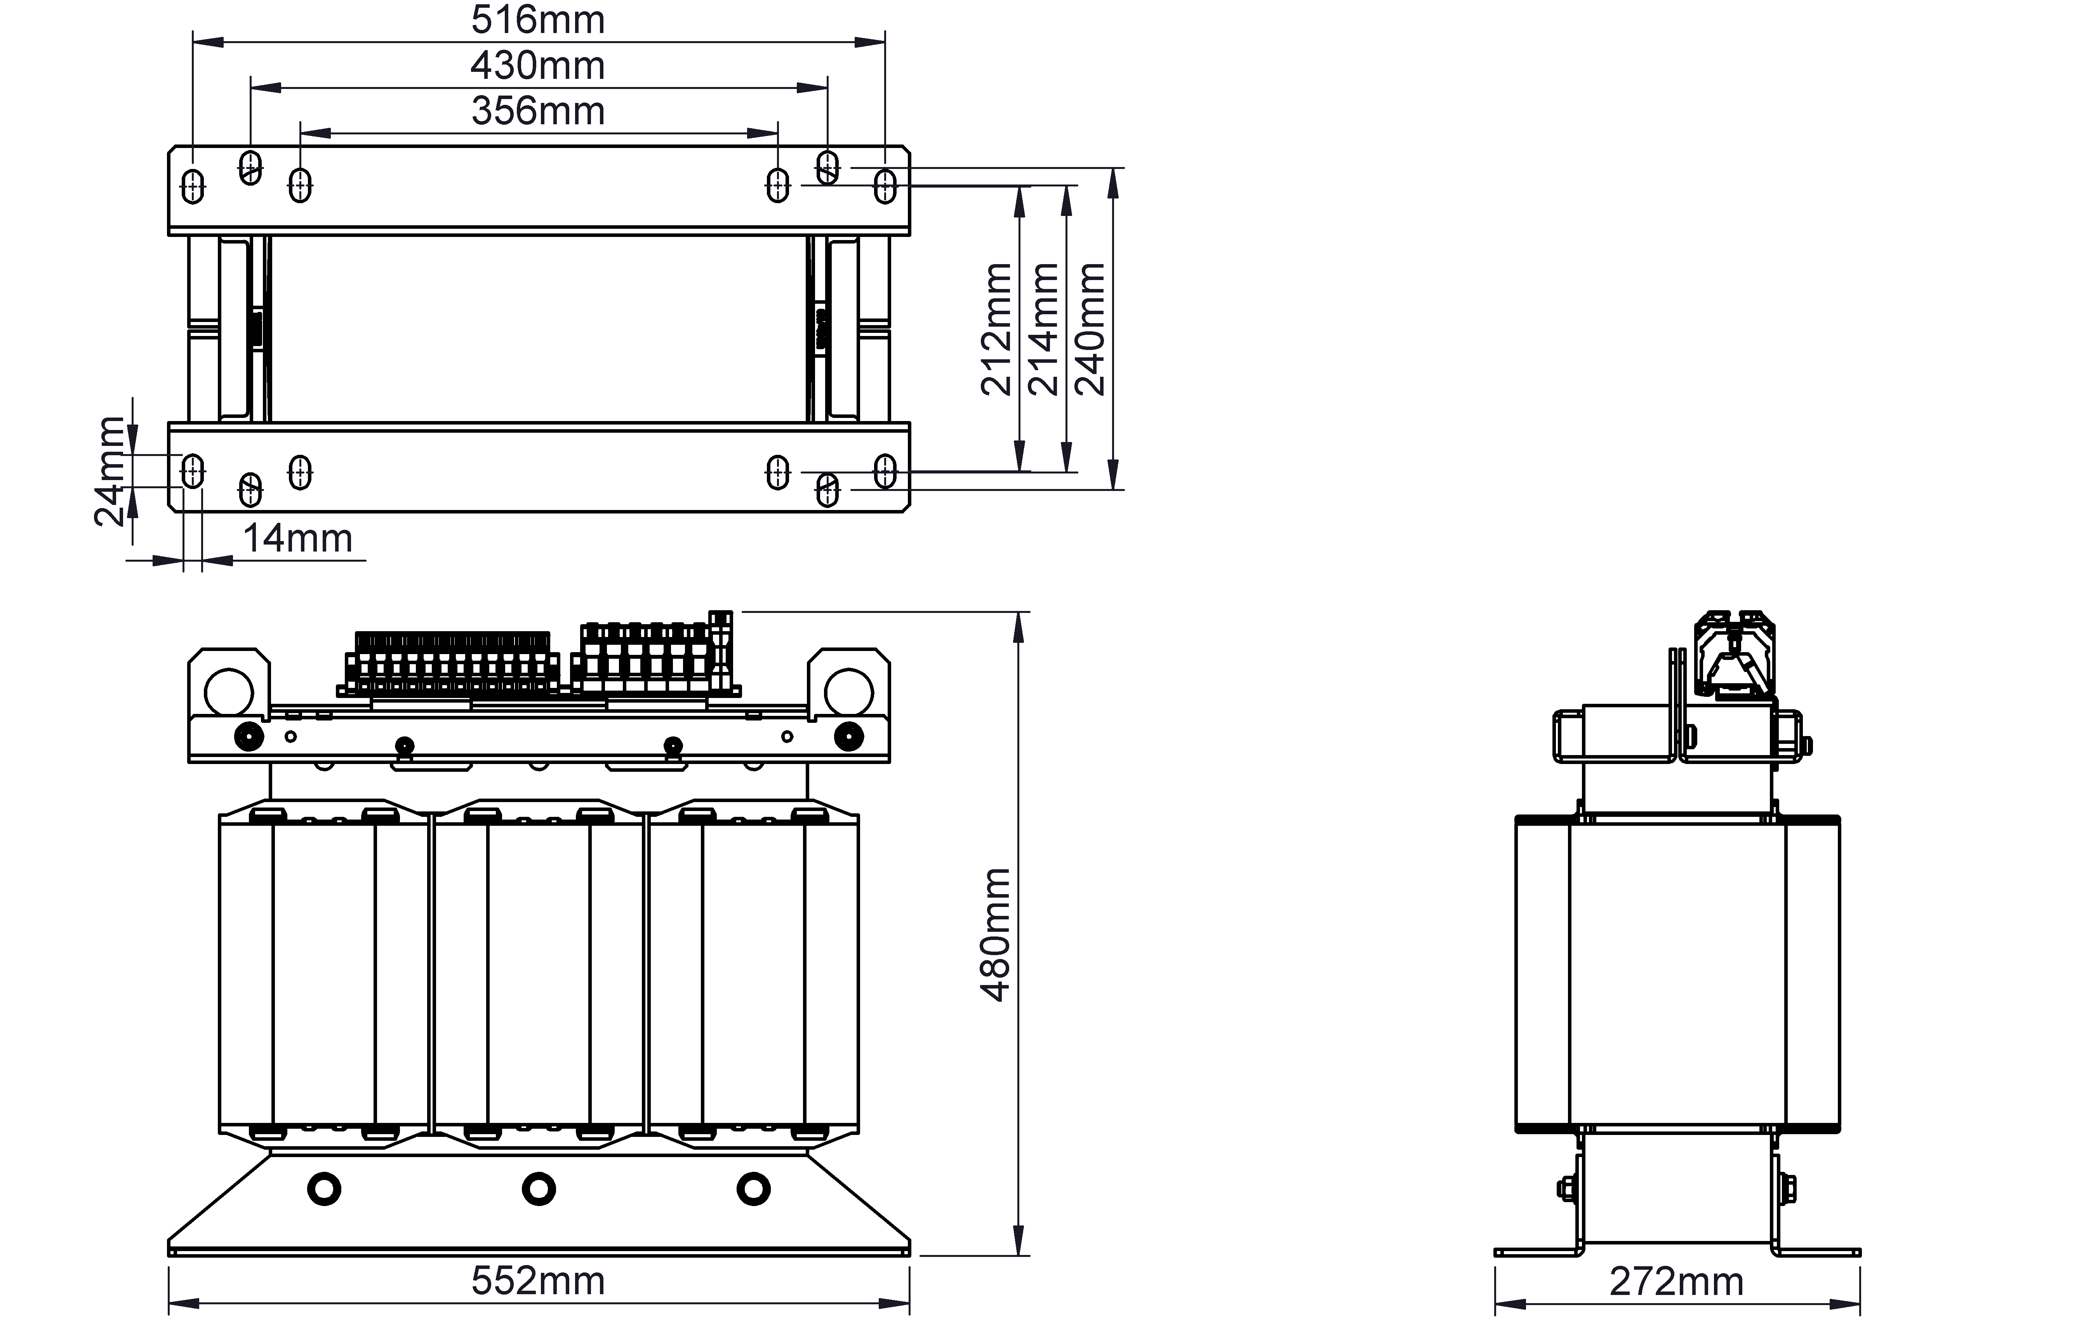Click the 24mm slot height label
(110, 472)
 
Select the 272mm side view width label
(1676, 1282)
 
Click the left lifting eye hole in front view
(228, 692)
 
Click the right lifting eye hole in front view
(848, 692)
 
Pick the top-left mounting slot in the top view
(193, 185)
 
